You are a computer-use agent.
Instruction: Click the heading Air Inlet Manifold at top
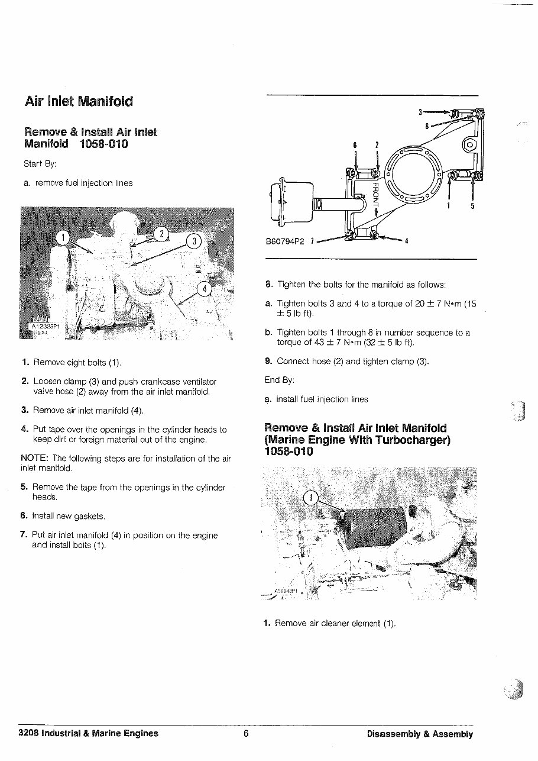point(79,101)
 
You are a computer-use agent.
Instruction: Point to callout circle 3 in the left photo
point(194,241)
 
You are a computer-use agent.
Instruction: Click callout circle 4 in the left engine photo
point(204,289)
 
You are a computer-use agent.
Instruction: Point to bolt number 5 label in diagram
point(472,206)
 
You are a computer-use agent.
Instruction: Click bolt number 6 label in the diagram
point(355,144)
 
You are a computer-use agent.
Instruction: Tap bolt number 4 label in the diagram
point(407,241)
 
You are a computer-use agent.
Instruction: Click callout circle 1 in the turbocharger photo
point(310,498)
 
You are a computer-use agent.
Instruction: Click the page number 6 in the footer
point(246,734)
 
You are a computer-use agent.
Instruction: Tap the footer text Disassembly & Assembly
point(420,734)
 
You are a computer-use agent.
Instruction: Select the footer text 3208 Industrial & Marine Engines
point(89,734)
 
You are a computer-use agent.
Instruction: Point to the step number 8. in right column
point(269,284)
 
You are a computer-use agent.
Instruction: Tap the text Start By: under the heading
point(40,163)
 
